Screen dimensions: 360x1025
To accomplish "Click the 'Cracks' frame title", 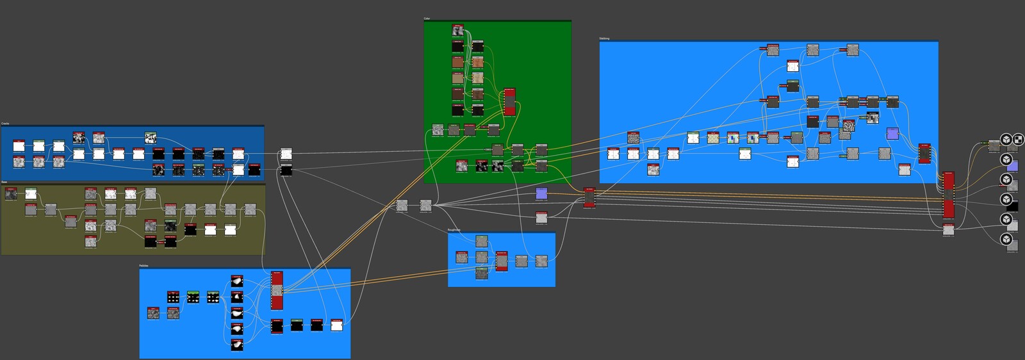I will pyautogui.click(x=5, y=123).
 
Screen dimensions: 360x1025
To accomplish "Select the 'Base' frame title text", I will pyautogui.click(x=4, y=182).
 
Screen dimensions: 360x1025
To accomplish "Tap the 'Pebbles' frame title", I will pyautogui.click(x=144, y=265).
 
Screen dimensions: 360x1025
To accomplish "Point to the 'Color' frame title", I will pyautogui.click(x=427, y=19).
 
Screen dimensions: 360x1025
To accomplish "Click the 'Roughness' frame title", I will pyautogui.click(x=454, y=229).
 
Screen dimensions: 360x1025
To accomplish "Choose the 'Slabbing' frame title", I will pyautogui.click(x=604, y=38).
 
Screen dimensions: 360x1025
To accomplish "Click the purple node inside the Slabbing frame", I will pyautogui.click(x=892, y=133).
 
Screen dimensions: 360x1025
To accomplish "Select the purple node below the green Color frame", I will pyautogui.click(x=541, y=193).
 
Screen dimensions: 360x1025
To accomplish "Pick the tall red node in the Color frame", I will pyautogui.click(x=509, y=102).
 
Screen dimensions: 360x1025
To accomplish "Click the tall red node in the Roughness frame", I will pyautogui.click(x=502, y=261).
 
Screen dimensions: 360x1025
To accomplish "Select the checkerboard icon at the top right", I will pyautogui.click(x=1018, y=139).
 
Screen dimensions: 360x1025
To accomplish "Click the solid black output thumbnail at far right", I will pyautogui.click(x=1012, y=206).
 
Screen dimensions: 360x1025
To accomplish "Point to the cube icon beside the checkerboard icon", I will pyautogui.click(x=1006, y=139).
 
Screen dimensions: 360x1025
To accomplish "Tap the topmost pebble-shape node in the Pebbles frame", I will pyautogui.click(x=237, y=281).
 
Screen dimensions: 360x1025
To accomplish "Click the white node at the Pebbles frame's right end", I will pyautogui.click(x=336, y=325).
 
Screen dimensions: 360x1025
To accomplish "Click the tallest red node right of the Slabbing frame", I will pyautogui.click(x=949, y=195).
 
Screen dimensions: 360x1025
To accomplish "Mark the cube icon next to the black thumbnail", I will pyautogui.click(x=1006, y=200).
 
